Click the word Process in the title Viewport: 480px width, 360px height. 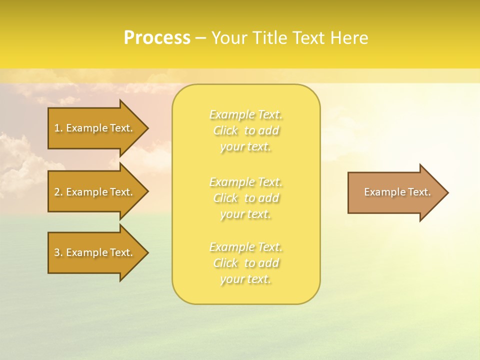[x=157, y=38]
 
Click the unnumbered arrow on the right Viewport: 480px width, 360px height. [x=395, y=192]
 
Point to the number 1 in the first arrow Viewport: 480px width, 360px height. [x=57, y=128]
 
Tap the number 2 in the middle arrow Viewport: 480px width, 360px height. [x=57, y=192]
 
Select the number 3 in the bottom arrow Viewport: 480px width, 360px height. [x=57, y=252]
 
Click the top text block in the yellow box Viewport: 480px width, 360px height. [x=245, y=130]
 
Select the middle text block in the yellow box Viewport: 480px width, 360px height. [x=245, y=198]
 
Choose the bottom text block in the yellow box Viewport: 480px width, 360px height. [x=245, y=263]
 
